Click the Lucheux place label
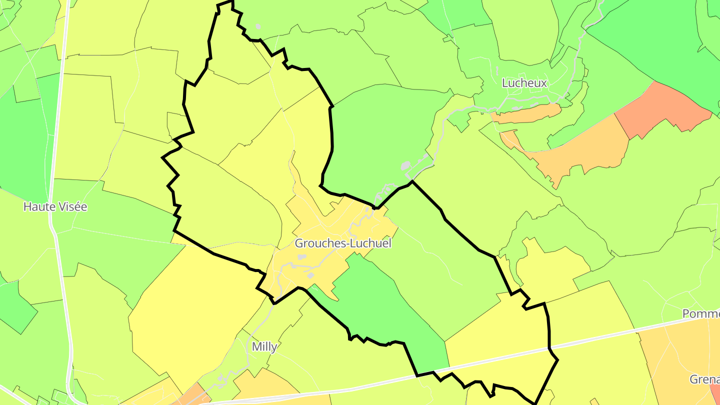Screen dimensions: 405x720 point(525,83)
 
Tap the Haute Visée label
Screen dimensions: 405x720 point(55,206)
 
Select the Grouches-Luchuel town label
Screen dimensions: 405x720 point(343,243)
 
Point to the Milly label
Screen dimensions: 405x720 point(264,347)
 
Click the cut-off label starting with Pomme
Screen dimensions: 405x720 point(701,313)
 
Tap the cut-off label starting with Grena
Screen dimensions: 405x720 point(704,379)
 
